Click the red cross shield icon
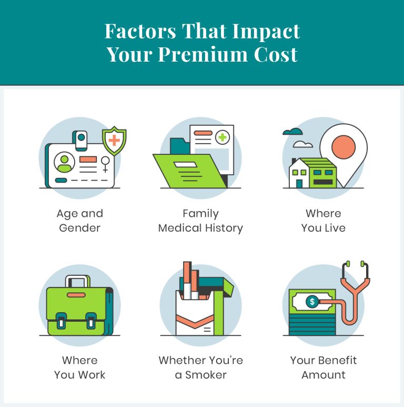(x=114, y=141)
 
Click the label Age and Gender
(x=79, y=221)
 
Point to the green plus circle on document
(x=223, y=137)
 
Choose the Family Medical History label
(x=200, y=221)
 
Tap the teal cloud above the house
(x=292, y=132)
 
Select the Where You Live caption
(x=323, y=221)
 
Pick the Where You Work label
(x=79, y=368)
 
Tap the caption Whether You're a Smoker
(x=200, y=368)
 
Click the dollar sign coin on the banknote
(x=312, y=302)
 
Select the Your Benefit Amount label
(x=323, y=368)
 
